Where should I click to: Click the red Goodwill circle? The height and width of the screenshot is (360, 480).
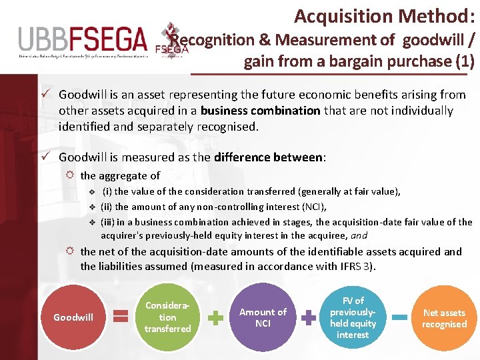(73, 317)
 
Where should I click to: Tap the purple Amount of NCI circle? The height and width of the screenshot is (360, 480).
(263, 317)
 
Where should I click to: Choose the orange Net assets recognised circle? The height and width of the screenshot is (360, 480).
(444, 317)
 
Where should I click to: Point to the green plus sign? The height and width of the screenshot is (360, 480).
(215, 318)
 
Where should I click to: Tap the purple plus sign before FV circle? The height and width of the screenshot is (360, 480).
(308, 318)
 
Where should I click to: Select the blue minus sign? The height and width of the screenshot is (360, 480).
(399, 318)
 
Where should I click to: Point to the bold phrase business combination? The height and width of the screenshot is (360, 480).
(260, 111)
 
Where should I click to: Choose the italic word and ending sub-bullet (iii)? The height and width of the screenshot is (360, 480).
(359, 235)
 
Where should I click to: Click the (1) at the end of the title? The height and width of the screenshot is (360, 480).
(463, 61)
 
